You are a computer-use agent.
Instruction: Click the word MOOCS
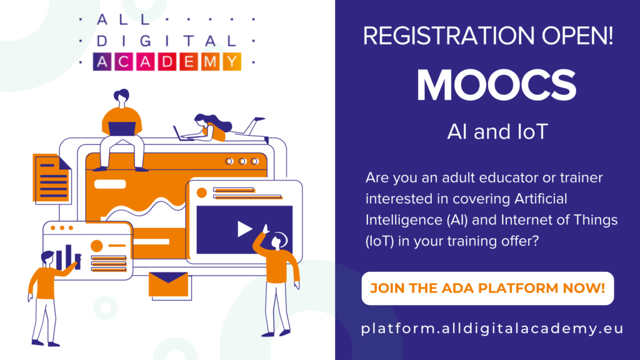496,85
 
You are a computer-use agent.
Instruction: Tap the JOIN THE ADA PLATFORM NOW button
487,288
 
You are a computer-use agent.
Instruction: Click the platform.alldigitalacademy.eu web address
492,329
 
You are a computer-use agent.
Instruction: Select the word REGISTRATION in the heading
449,36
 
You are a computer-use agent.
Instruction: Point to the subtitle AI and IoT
497,132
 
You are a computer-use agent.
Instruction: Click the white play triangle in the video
244,229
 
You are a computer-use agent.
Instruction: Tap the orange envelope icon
168,284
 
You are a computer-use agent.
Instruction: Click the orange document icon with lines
51,178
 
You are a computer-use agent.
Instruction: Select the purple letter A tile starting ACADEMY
102,62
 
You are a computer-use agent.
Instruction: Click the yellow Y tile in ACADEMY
232,62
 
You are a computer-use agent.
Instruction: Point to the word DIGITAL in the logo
166,41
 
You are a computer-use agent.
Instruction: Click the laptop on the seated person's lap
122,129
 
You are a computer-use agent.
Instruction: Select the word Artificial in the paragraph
541,199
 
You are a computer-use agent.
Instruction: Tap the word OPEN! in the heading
577,36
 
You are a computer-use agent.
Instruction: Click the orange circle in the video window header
202,192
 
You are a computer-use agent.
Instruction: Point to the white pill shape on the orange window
110,184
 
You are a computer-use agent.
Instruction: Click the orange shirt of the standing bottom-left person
45,282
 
